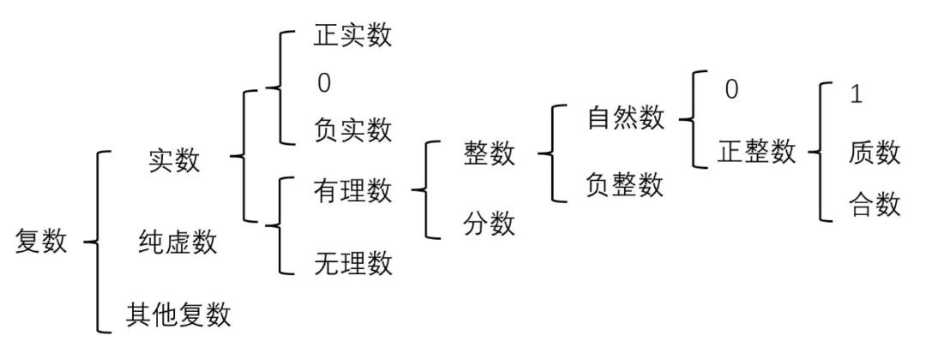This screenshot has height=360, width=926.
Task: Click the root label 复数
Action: click(40, 243)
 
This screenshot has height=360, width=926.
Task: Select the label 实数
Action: click(174, 159)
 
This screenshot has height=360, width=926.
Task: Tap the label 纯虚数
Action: click(177, 243)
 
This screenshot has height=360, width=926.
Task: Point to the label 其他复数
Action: click(178, 314)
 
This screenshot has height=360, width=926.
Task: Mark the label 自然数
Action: click(626, 118)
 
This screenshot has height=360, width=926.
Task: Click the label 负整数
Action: click(626, 184)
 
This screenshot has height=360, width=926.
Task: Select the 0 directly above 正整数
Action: click(731, 89)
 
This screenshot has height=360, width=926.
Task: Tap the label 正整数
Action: click(756, 153)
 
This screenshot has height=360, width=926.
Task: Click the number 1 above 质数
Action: click(855, 93)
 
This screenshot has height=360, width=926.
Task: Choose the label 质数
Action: click(875, 153)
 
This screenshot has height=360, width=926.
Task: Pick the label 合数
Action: click(875, 205)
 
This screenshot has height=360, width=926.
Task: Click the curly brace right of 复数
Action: click(99, 243)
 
